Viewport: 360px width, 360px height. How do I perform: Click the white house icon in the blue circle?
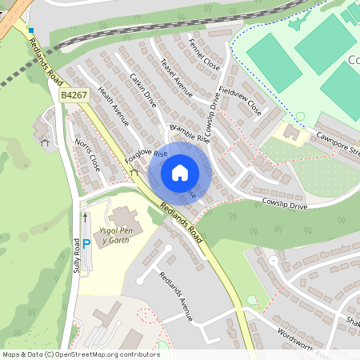tap(179, 173)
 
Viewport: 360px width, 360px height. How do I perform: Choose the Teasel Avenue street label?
tap(177, 78)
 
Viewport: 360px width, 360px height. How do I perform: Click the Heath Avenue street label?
tap(113, 107)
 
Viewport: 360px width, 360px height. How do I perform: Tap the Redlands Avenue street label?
tap(175, 297)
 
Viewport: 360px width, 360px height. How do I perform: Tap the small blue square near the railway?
tap(31, 30)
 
